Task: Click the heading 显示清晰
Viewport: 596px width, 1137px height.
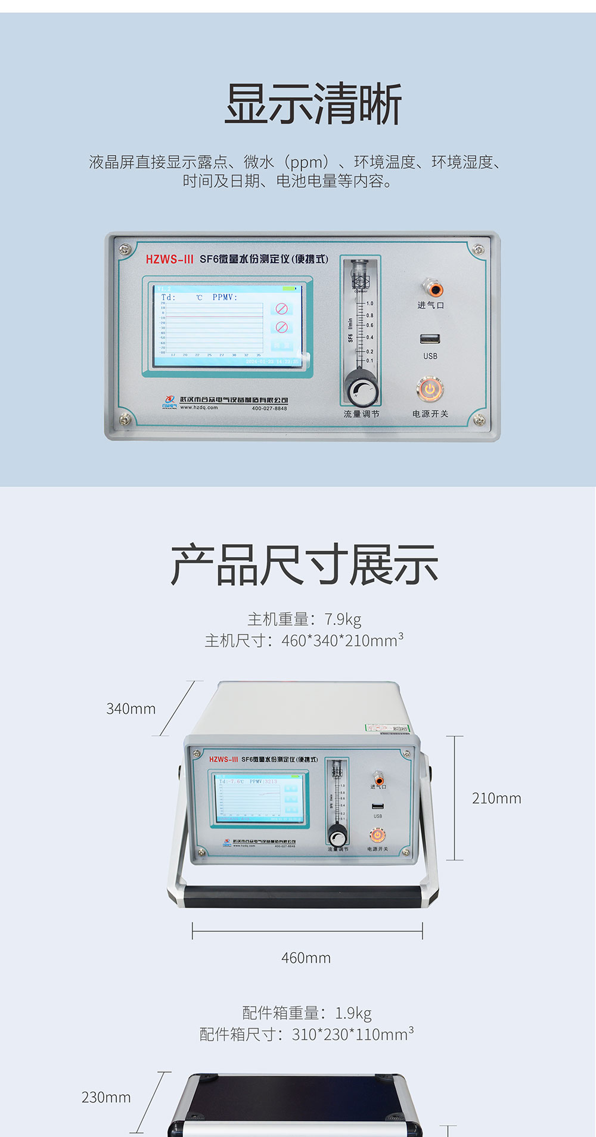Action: click(x=313, y=104)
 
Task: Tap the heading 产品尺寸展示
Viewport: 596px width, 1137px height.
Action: click(x=304, y=565)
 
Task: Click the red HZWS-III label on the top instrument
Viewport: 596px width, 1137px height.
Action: click(x=170, y=259)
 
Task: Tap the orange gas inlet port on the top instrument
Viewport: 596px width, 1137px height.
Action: click(x=434, y=289)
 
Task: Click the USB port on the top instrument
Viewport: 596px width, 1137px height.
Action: click(x=430, y=339)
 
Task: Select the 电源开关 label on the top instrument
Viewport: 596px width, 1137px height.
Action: click(x=430, y=414)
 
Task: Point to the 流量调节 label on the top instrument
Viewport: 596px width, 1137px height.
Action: click(x=361, y=414)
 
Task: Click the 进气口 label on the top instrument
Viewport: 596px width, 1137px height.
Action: click(x=430, y=306)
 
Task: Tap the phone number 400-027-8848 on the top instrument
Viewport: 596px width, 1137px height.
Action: click(x=269, y=408)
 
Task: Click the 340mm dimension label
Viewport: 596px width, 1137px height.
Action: click(x=131, y=709)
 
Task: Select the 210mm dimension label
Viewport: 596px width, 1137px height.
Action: click(x=496, y=799)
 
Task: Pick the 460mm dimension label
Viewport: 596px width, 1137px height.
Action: click(x=306, y=958)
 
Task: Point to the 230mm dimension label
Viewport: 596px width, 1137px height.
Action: click(x=106, y=1097)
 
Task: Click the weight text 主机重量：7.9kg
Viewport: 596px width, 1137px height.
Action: click(x=304, y=619)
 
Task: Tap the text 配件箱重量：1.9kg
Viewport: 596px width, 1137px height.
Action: click(x=306, y=1013)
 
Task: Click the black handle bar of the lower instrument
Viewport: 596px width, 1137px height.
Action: click(x=304, y=896)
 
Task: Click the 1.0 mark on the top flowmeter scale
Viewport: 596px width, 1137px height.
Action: click(x=370, y=303)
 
